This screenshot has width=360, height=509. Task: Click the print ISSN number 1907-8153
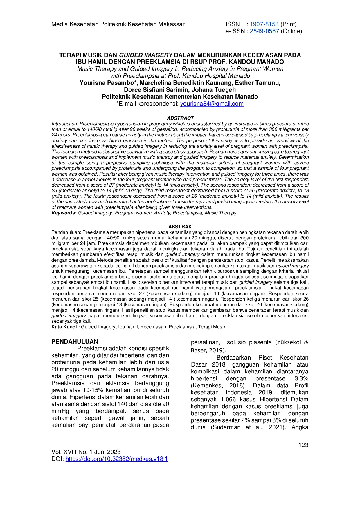(x=264, y=24)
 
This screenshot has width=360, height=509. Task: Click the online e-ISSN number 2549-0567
(x=264, y=31)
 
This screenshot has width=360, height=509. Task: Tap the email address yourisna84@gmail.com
(x=212, y=104)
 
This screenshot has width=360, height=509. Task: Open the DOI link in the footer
(x=117, y=459)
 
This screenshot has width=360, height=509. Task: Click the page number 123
(x=303, y=445)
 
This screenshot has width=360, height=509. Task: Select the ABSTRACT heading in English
(x=180, y=118)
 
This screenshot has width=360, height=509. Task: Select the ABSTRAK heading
(x=180, y=227)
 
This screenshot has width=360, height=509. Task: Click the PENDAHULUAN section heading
(x=75, y=342)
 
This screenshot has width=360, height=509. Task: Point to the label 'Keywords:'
(x=64, y=213)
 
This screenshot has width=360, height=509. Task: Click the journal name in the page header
(x=118, y=24)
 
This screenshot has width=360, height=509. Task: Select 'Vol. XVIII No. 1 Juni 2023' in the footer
(x=86, y=452)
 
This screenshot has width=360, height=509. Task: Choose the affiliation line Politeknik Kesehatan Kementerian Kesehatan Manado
(x=180, y=97)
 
